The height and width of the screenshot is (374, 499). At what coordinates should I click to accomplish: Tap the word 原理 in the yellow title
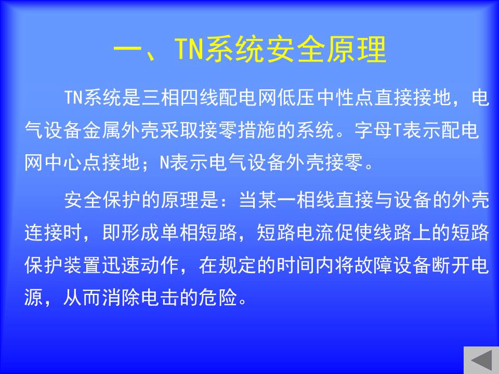point(357,49)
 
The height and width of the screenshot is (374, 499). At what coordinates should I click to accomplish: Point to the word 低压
point(296,98)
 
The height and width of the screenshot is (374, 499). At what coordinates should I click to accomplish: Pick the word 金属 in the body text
point(102,130)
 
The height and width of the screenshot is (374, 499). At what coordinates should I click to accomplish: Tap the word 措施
point(257,130)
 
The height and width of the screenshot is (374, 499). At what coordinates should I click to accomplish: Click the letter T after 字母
point(398,130)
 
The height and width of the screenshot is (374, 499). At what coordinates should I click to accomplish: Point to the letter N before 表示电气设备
point(164,163)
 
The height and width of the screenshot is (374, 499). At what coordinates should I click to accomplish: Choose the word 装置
point(83,265)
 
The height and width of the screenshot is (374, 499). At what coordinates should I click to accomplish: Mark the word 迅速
point(121,265)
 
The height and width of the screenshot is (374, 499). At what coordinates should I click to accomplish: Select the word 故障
point(374,265)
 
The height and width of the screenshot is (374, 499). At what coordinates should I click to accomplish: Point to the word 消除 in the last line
point(121,298)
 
